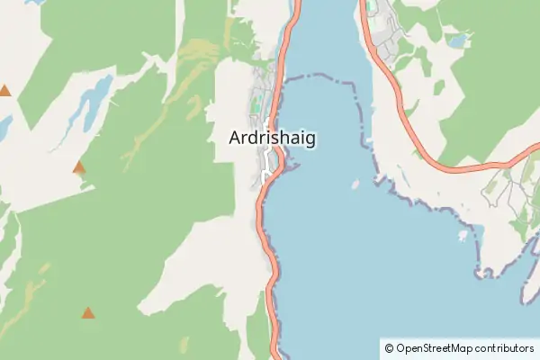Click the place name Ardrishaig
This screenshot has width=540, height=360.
pyautogui.click(x=272, y=139)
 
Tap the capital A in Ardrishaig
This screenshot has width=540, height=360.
pyautogui.click(x=236, y=139)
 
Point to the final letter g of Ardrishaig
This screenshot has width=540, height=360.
pyautogui.click(x=310, y=141)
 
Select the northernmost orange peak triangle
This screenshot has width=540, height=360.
pyautogui.click(x=4, y=90)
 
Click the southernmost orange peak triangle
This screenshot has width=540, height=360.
pyautogui.click(x=88, y=313)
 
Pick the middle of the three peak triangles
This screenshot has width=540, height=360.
pyautogui.click(x=79, y=166)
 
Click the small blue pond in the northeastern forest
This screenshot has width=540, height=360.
pyautogui.click(x=458, y=40)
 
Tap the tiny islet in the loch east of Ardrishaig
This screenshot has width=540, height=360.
pyautogui.click(x=355, y=185)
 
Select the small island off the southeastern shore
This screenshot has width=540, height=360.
pyautogui.click(x=463, y=236)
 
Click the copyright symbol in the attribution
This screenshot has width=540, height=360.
pyautogui.click(x=389, y=348)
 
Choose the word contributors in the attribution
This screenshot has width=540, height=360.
pyautogui.click(x=505, y=348)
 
